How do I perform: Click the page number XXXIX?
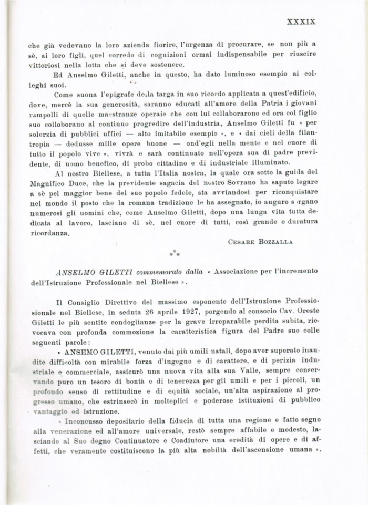(x=301, y=22)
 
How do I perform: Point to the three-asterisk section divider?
(x=175, y=254)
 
